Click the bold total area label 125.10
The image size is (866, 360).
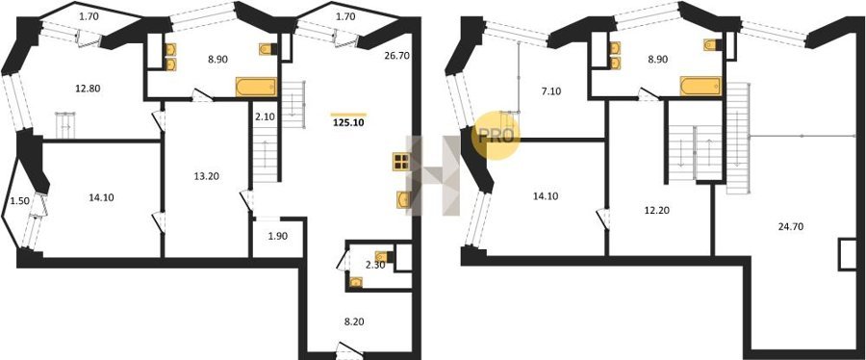point(348,123)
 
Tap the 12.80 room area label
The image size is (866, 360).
point(89,88)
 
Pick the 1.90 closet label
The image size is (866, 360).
point(278,237)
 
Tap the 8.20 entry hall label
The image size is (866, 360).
point(354,321)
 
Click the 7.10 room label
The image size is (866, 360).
point(551,91)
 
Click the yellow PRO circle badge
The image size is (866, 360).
point(496,136)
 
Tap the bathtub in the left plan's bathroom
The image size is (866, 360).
point(256,88)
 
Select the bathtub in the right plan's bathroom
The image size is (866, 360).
point(700,86)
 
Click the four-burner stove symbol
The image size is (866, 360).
point(400,161)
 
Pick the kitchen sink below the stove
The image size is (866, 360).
point(403,199)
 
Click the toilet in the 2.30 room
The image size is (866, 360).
point(383,256)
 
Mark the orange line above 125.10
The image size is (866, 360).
point(348,115)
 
